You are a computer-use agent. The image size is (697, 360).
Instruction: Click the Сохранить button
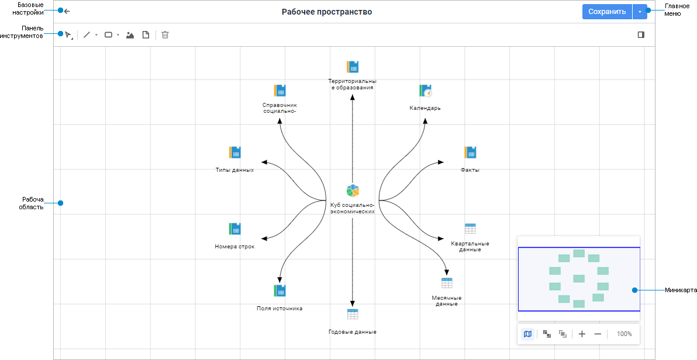(607, 12)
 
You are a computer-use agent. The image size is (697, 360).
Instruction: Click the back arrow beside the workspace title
(67, 11)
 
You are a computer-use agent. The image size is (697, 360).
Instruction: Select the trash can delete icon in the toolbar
(165, 35)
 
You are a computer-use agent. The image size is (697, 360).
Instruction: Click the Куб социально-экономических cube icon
(353, 191)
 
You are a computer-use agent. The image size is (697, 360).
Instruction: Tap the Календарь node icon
(425, 91)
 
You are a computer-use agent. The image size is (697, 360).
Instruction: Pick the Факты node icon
(470, 153)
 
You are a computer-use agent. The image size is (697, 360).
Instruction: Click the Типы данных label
(234, 170)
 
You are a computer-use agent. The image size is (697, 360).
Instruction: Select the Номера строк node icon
(234, 229)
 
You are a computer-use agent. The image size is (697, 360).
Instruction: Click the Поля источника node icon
(280, 290)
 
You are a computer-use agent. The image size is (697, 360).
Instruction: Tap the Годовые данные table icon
(353, 314)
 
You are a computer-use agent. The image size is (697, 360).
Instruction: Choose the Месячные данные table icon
(447, 283)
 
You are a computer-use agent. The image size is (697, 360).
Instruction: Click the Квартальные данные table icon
(470, 229)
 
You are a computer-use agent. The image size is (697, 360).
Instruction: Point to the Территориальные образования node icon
(352, 67)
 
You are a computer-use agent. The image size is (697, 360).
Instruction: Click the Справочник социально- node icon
(280, 91)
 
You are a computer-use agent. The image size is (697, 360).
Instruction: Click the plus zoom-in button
(582, 334)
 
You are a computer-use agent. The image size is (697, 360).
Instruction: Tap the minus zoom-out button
(598, 334)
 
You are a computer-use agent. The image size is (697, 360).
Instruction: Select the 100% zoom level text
(624, 334)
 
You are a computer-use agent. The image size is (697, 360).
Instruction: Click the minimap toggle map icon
(527, 334)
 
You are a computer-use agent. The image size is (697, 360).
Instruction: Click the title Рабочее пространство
(326, 12)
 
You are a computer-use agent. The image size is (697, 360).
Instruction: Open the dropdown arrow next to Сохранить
(640, 12)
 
